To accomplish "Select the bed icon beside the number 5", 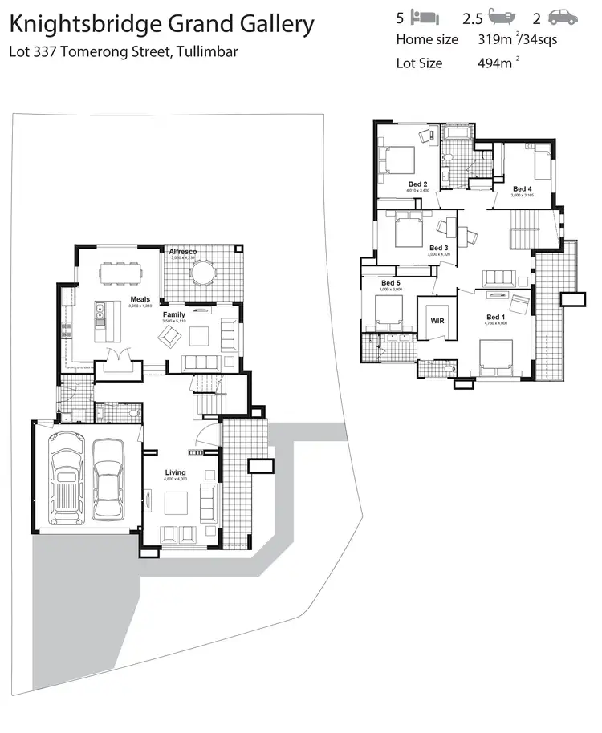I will click(x=425, y=16).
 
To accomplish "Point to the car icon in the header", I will click(x=564, y=16).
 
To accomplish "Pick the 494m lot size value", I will click(x=492, y=63).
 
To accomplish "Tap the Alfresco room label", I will click(x=183, y=252).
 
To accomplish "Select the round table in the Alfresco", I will click(x=204, y=273).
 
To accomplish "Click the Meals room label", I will click(x=140, y=300).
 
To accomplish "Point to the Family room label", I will click(x=174, y=314).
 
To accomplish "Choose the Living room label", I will click(x=175, y=472).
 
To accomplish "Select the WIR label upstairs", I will click(x=437, y=321).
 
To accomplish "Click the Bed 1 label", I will click(x=495, y=318).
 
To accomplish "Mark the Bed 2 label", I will click(x=417, y=184).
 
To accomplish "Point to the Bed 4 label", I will click(x=523, y=188).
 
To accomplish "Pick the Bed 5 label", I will click(x=391, y=283).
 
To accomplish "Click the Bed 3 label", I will click(x=438, y=248).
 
